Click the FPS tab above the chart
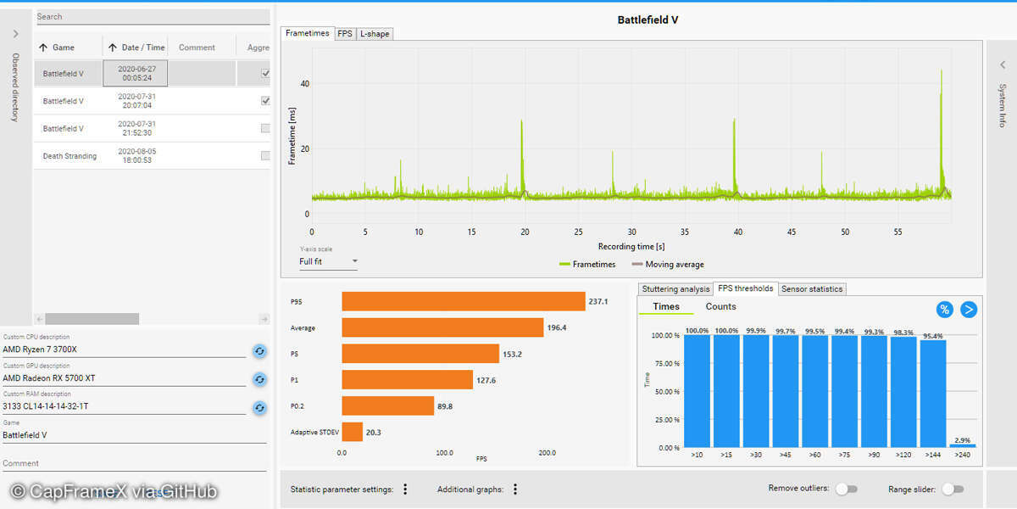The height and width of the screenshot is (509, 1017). (345, 34)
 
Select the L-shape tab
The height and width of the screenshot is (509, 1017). (374, 34)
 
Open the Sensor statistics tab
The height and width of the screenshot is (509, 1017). (812, 289)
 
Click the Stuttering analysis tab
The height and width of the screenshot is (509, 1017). (675, 289)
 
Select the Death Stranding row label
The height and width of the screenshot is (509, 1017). (69, 156)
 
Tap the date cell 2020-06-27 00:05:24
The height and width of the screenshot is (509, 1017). (136, 74)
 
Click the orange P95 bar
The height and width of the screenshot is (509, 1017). (463, 301)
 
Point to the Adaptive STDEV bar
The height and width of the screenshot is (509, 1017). (352, 432)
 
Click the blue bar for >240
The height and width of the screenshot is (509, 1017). (963, 445)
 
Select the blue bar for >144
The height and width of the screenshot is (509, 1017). (933, 394)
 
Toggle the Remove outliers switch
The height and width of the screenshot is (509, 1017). (846, 489)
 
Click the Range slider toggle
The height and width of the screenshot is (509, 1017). (953, 489)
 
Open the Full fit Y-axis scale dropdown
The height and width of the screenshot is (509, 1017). (329, 261)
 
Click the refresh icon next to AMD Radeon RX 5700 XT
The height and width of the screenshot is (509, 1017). (260, 379)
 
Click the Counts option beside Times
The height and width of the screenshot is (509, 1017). (720, 307)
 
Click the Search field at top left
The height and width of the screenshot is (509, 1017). (153, 16)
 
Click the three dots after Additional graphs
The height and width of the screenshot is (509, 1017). (515, 489)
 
